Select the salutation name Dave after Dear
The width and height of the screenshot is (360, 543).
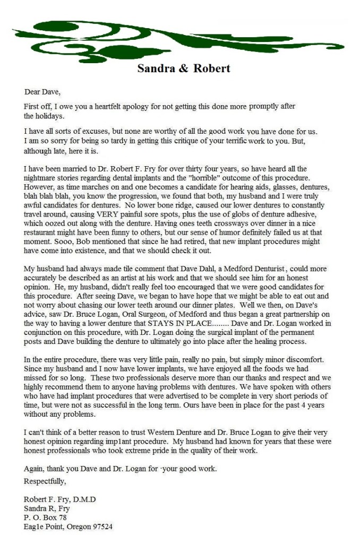[x=52, y=91]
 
